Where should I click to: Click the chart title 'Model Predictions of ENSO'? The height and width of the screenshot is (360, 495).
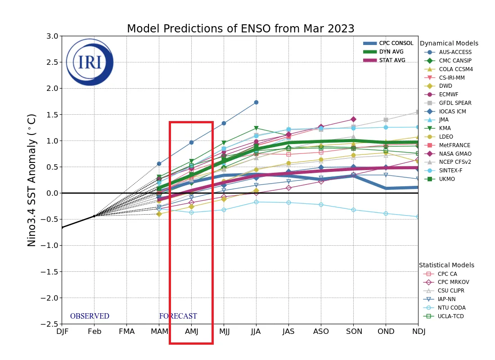coord(240,29)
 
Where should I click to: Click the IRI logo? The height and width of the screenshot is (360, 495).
coord(90,62)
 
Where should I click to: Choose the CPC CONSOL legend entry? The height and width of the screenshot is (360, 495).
coord(396,43)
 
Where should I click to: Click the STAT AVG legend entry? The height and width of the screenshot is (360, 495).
coord(392,60)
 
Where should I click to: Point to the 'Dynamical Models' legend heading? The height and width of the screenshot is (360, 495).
coord(449,43)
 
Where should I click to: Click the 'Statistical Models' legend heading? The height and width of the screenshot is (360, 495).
coord(446,265)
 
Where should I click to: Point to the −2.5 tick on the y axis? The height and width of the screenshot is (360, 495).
coord(50,324)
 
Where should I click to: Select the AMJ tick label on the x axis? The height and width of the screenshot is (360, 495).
coord(192,332)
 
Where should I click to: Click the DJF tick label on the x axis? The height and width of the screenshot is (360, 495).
coord(62,332)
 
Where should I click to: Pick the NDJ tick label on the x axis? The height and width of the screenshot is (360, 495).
coord(418,332)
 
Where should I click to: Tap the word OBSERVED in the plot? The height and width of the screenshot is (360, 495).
coord(90,316)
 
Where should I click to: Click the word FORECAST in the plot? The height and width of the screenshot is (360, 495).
coord(178,316)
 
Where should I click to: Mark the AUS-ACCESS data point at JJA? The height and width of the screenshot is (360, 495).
coord(256,102)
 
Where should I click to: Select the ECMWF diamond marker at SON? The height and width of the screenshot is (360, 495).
coord(353,119)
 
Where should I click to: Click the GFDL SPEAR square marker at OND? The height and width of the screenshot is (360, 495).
coord(386,120)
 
